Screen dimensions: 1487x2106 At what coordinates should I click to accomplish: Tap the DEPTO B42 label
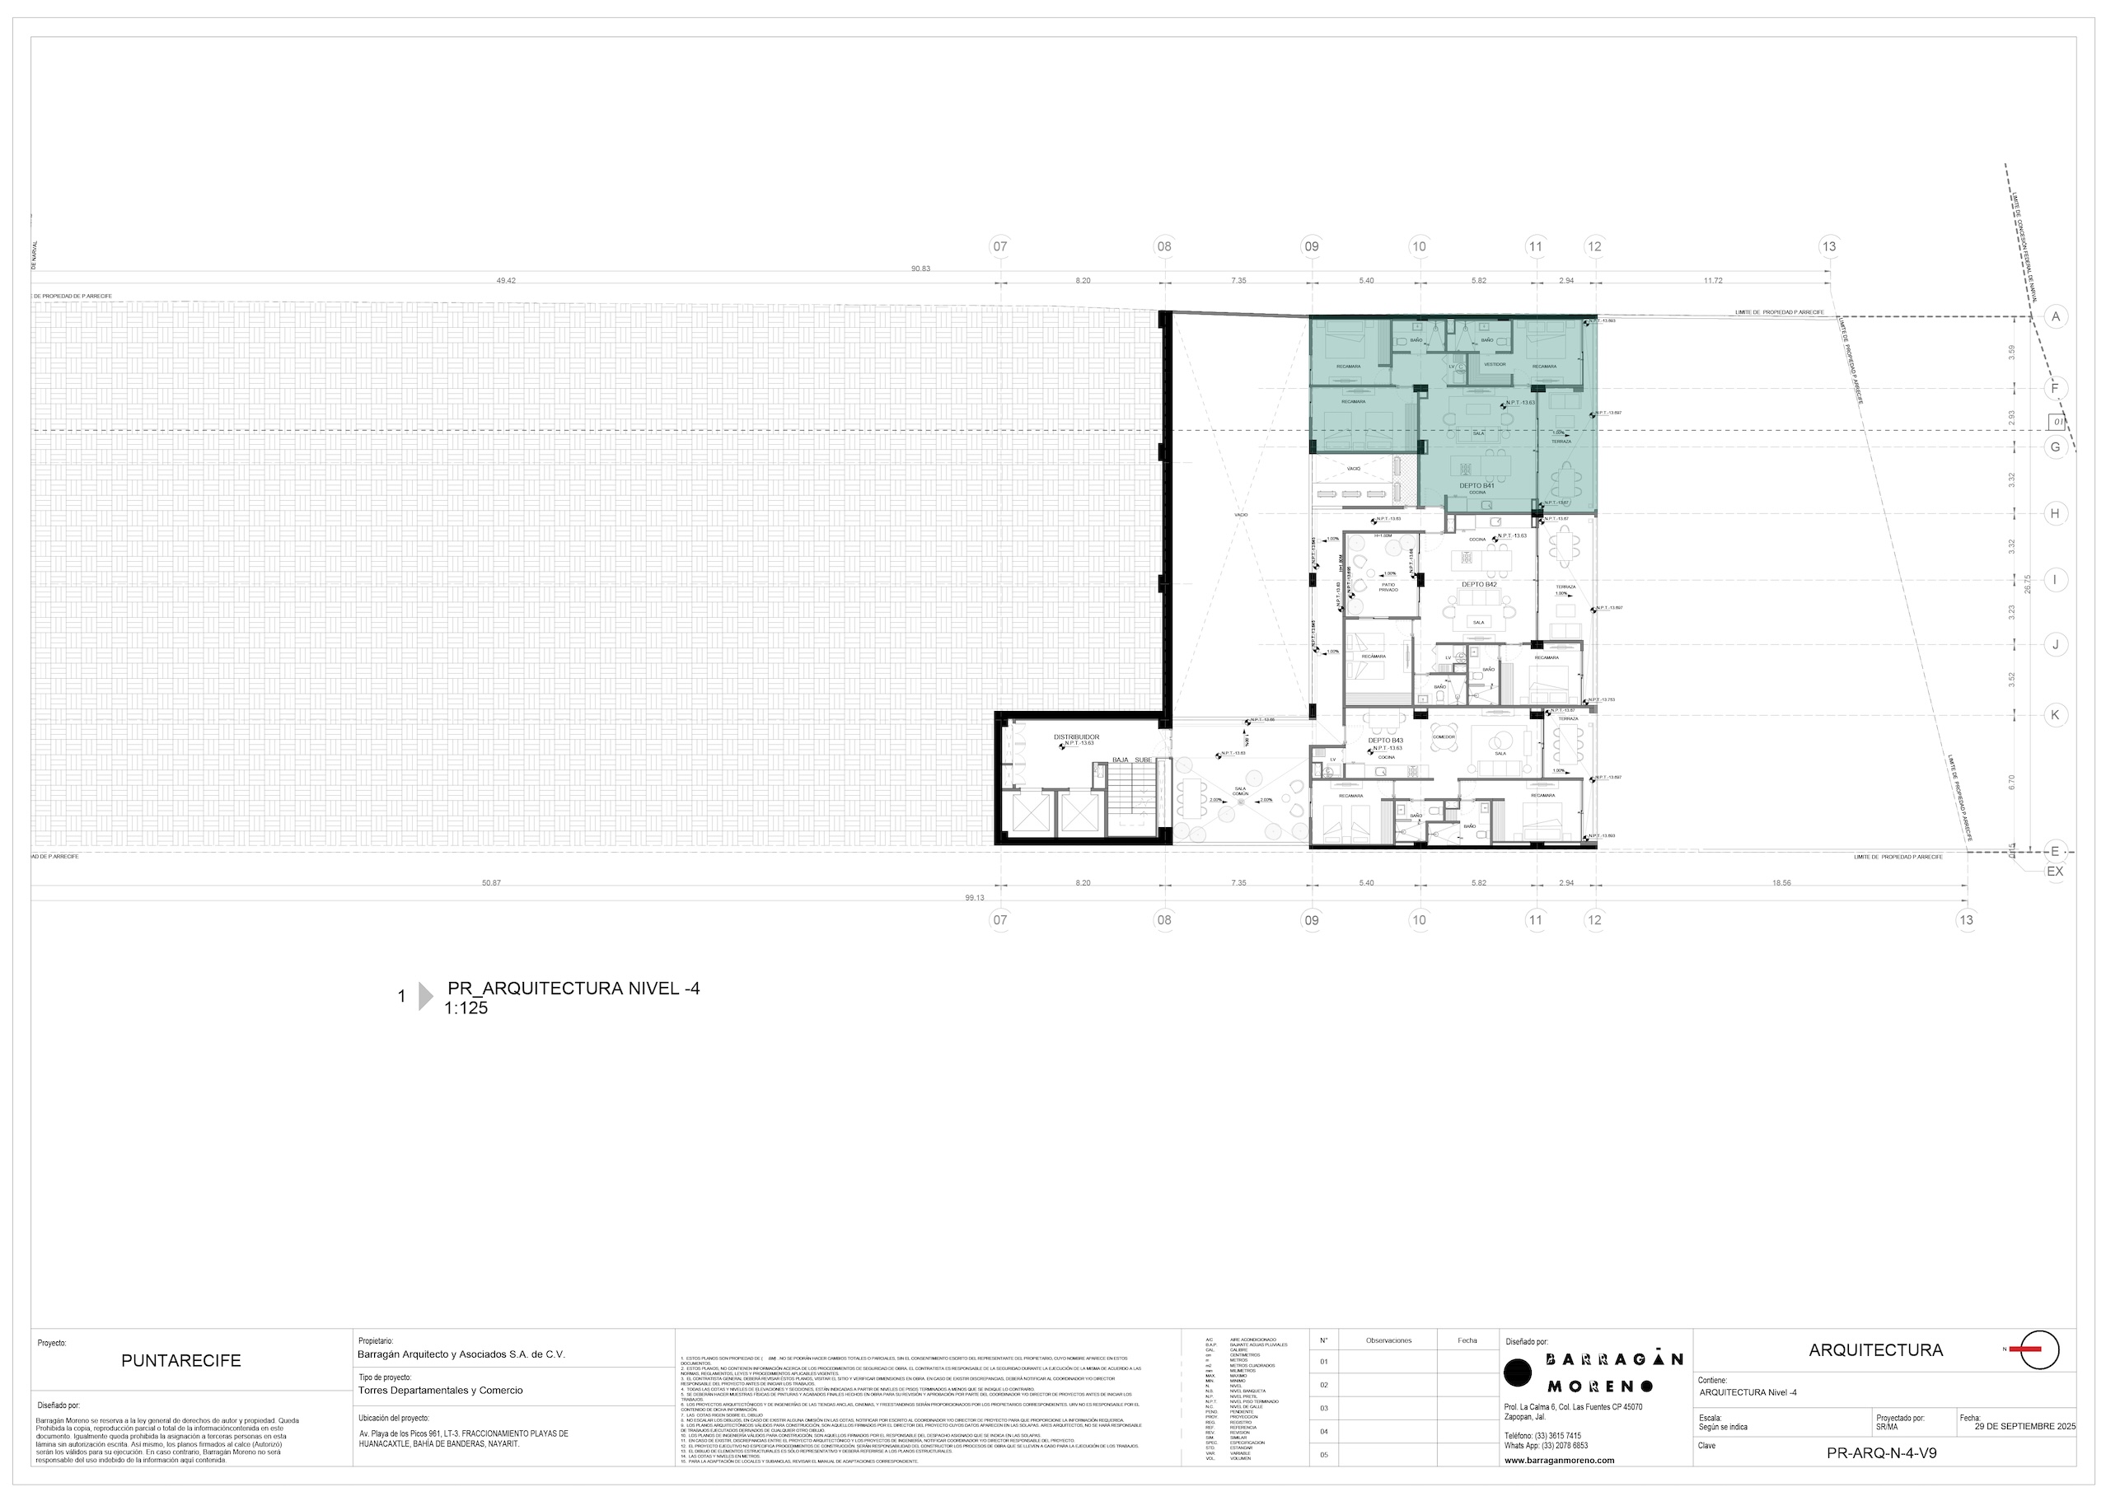[x=1479, y=584]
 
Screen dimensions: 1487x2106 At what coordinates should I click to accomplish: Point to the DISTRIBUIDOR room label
[x=1076, y=736]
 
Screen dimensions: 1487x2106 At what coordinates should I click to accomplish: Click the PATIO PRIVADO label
[x=1388, y=587]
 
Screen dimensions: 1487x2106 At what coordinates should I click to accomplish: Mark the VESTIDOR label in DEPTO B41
[x=1494, y=364]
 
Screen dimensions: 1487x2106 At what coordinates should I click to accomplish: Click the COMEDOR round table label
[x=1443, y=736]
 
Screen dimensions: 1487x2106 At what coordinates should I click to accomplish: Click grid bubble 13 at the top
[x=1829, y=245]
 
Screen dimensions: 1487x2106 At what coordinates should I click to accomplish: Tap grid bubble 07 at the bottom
[x=999, y=920]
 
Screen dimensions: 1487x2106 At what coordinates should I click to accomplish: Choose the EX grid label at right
[x=2055, y=871]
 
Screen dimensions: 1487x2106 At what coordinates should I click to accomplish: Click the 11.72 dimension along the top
[x=1711, y=281]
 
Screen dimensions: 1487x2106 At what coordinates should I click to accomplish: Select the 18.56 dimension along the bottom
[x=1781, y=882]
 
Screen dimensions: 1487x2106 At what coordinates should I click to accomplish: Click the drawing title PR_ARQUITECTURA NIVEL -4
[x=573, y=988]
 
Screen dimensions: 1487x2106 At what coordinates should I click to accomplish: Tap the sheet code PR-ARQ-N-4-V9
[x=1881, y=1453]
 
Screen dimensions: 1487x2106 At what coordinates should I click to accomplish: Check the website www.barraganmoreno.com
[x=1560, y=1461]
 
